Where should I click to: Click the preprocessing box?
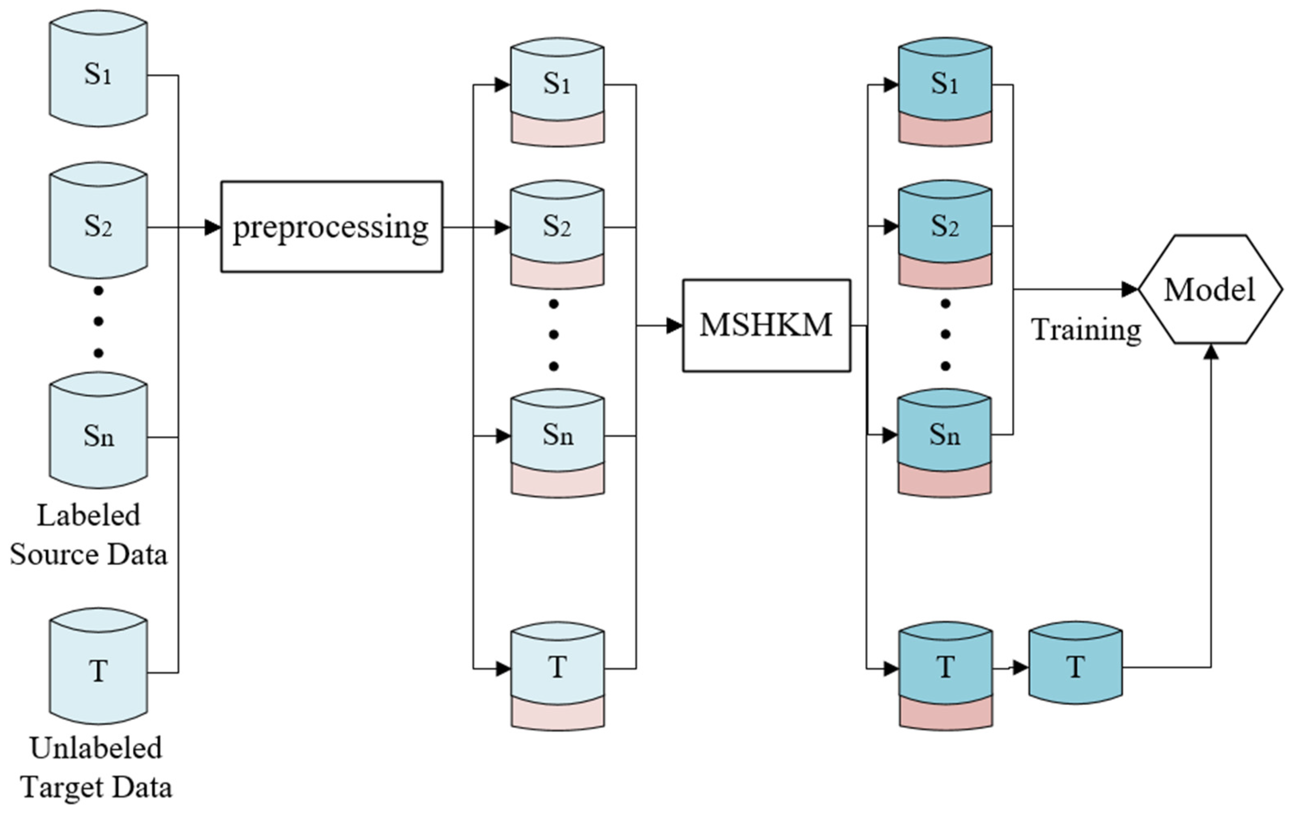(x=332, y=227)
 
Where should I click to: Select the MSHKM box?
(x=766, y=325)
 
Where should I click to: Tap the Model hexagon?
(x=1210, y=289)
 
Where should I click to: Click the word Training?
(x=1085, y=329)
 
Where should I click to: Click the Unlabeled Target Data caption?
(x=96, y=767)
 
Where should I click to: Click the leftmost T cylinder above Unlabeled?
(x=98, y=669)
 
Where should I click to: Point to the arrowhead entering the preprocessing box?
(x=213, y=227)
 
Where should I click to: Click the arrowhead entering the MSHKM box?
(x=674, y=325)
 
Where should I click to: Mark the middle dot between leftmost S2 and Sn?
(x=98, y=321)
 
